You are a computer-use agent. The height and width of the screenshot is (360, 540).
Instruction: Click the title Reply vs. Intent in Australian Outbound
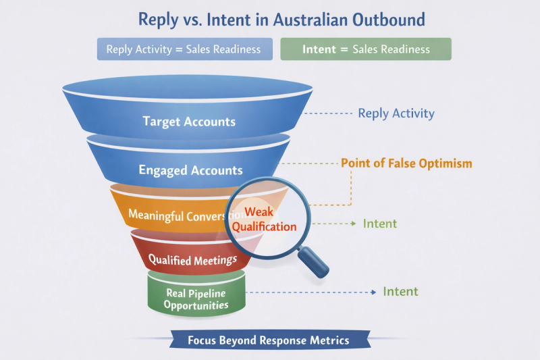[281, 18]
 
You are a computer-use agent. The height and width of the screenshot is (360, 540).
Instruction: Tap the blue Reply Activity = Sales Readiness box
[184, 49]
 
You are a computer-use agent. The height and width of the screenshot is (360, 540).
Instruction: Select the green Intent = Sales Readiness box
[365, 49]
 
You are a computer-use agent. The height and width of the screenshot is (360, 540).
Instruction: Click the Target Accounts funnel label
[189, 122]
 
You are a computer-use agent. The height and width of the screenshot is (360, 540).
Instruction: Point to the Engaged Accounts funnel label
[190, 170]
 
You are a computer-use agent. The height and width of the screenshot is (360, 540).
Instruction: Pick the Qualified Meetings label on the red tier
[192, 259]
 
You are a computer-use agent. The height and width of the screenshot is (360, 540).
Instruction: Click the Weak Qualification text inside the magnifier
[264, 220]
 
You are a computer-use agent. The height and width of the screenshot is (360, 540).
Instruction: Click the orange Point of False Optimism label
[406, 163]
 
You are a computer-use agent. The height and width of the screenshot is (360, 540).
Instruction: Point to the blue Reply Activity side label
[396, 113]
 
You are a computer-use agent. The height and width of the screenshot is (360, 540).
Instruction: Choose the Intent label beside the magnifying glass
[379, 224]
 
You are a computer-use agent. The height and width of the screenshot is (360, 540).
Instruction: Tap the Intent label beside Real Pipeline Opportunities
[400, 292]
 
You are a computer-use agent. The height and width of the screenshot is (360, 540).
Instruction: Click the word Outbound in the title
[393, 18]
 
